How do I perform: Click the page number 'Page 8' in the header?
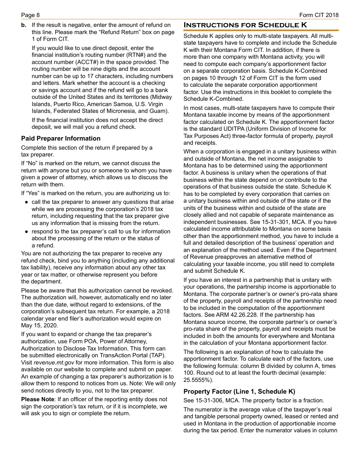click(30, 15)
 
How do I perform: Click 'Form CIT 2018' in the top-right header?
click(319, 15)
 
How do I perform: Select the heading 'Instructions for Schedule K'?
click(245, 25)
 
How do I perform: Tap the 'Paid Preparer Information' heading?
click(61, 139)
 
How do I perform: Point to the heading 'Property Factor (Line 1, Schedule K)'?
click(239, 392)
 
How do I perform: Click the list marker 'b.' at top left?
click(24, 25)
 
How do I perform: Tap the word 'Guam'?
click(160, 111)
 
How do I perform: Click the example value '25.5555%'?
click(197, 380)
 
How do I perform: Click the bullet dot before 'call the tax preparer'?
click(27, 202)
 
